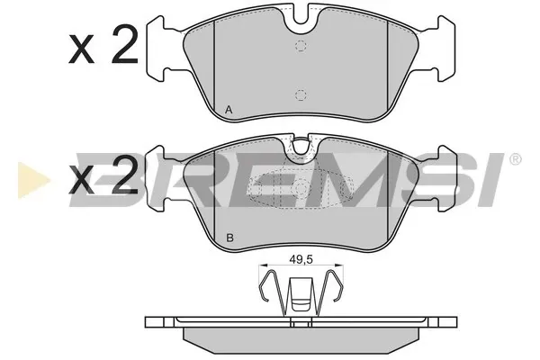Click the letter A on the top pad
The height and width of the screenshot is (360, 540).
click(229, 110)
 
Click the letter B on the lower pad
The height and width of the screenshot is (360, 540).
click(230, 238)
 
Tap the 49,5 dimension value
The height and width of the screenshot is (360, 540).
click(301, 260)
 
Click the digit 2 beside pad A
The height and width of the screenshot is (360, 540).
click(125, 45)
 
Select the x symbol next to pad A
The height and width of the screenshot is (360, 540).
click(82, 49)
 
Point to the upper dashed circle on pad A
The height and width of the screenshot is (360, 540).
click(301, 46)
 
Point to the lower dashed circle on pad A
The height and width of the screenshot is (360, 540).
click(301, 94)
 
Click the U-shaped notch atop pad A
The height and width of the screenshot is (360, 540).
click(301, 21)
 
